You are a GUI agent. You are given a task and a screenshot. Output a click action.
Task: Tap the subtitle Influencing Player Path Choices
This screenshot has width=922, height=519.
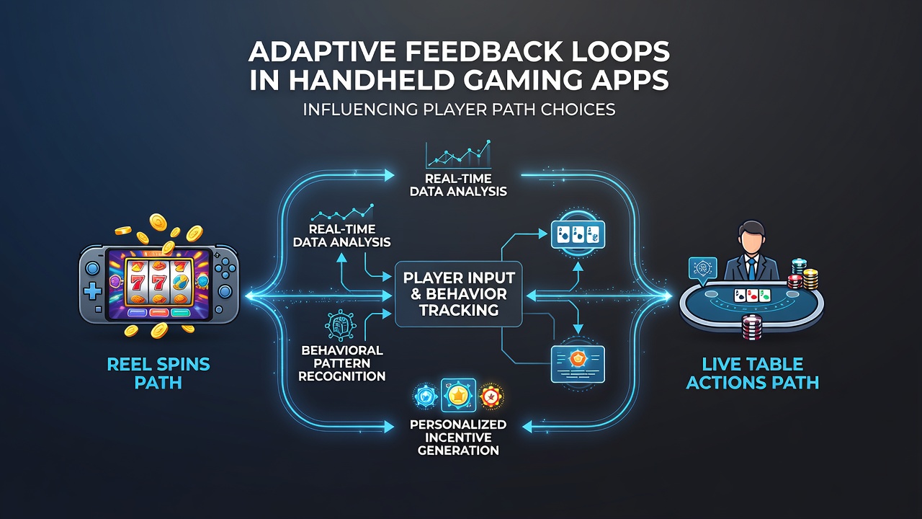click(459, 110)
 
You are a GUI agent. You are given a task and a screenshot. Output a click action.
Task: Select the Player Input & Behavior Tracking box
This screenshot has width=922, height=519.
click(459, 294)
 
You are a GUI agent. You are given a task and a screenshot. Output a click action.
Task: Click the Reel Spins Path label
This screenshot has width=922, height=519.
click(158, 373)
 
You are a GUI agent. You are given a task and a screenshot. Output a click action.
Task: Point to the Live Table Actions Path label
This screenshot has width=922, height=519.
click(753, 373)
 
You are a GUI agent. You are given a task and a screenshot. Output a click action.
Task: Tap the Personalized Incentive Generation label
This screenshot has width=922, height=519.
click(458, 437)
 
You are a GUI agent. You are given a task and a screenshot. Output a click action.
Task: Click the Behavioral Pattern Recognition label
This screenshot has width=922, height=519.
click(341, 363)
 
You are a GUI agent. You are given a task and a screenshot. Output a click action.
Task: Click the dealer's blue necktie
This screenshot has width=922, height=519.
click(751, 267)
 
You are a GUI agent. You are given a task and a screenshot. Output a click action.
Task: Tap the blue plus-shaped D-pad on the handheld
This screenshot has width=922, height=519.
click(93, 292)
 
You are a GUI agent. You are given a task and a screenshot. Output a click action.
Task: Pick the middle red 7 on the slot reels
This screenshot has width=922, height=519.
click(158, 283)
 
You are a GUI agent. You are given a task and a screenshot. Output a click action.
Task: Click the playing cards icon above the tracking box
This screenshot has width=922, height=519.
click(578, 235)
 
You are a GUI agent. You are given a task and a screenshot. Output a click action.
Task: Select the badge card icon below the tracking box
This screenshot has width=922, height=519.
click(578, 364)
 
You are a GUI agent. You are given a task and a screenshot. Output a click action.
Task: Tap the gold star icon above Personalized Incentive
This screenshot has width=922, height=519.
click(458, 396)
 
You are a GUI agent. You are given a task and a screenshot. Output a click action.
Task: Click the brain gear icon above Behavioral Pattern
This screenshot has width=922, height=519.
click(340, 325)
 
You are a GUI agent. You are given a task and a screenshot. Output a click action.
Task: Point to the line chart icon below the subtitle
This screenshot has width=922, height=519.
click(458, 155)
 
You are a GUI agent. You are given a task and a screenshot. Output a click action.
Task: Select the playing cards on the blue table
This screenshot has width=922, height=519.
click(753, 295)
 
